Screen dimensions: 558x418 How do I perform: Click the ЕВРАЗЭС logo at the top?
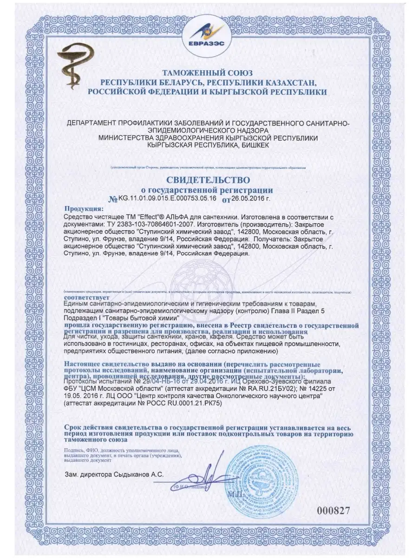tap(209, 34)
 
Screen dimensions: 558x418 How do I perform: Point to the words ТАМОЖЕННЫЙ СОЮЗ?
tap(207, 73)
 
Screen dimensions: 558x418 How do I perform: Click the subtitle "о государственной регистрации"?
tap(207, 190)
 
